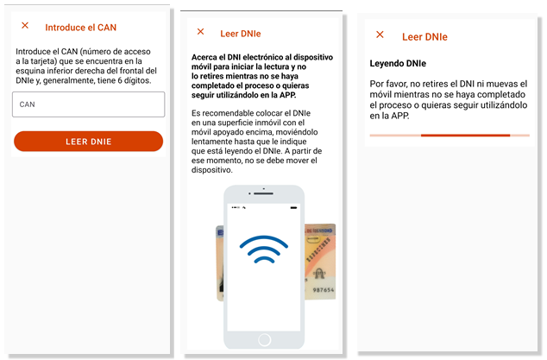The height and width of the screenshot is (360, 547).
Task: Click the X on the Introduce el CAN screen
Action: [25, 25]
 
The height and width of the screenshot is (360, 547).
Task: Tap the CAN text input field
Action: [88, 104]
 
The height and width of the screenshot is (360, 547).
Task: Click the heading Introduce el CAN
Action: [80, 28]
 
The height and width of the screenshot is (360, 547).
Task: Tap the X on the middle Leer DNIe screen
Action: [200, 32]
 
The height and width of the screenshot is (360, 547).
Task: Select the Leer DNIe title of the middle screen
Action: [241, 34]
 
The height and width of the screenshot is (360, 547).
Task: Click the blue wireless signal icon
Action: [264, 249]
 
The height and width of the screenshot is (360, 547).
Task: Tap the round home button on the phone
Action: [264, 339]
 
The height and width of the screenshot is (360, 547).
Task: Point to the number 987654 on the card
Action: [324, 289]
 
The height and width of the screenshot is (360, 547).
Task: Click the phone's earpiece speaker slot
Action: [263, 193]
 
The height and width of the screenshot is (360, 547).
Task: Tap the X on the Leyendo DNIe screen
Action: [380, 35]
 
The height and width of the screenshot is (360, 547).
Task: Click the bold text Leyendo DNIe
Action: [398, 63]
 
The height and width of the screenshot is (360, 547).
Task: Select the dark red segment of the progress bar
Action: [465, 136]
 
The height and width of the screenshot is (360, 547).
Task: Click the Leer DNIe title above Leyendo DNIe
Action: [424, 36]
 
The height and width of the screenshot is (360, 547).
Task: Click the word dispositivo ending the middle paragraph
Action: [211, 170]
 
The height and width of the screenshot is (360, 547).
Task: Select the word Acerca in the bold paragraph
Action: [204, 57]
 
